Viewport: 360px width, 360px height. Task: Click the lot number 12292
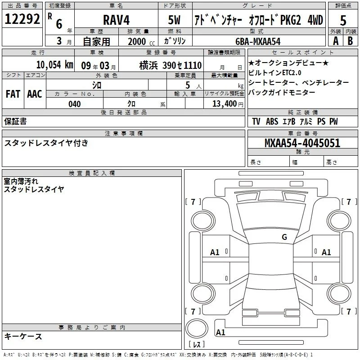(x=22, y=19)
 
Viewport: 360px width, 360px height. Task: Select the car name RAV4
(x=116, y=20)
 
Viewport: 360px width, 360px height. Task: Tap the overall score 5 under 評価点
(x=343, y=20)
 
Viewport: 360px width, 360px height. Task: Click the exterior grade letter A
(x=336, y=41)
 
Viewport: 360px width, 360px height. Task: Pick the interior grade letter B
(x=350, y=41)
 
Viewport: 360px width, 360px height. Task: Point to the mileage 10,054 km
(x=55, y=65)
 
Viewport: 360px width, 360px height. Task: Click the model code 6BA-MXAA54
(x=258, y=41)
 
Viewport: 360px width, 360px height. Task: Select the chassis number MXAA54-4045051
(x=302, y=143)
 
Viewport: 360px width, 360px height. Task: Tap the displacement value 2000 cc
(x=141, y=41)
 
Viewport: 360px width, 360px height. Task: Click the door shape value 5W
(x=174, y=20)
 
